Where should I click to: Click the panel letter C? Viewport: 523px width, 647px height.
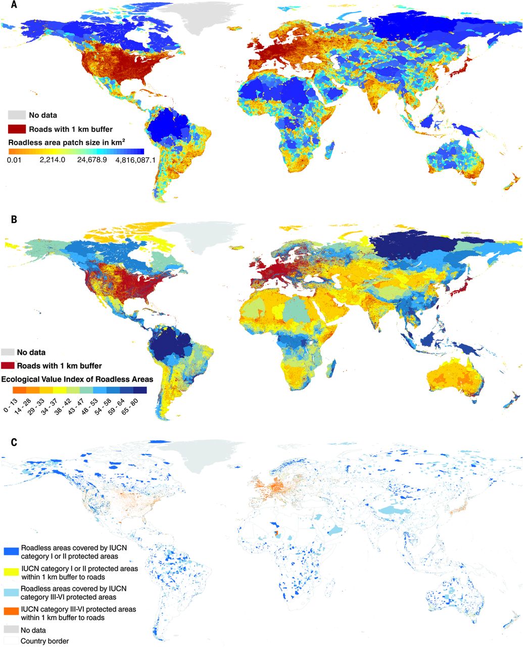click(x=14, y=442)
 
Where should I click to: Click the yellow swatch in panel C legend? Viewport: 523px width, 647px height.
click(x=11, y=572)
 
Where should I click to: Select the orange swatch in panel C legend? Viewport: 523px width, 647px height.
click(x=11, y=614)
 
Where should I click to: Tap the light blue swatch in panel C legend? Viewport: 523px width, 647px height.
click(x=11, y=592)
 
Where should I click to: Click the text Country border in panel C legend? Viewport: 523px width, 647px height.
click(x=44, y=641)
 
